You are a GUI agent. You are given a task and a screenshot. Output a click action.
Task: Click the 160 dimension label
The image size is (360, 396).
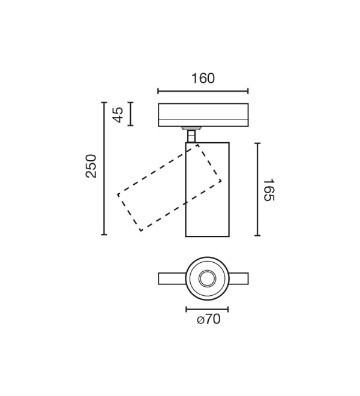[203, 78]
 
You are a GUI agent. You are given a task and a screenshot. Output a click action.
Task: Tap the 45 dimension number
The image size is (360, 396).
[118, 115]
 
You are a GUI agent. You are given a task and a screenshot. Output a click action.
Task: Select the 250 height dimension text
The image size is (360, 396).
[91, 166]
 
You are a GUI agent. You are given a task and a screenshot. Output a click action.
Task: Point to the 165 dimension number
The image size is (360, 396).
[269, 190]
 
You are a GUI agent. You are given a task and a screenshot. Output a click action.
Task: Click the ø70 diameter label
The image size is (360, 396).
[209, 319]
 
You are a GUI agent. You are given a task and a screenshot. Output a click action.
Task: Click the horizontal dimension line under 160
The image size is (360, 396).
[203, 91]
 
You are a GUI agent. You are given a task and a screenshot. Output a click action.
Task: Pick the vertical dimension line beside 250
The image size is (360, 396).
[104, 169]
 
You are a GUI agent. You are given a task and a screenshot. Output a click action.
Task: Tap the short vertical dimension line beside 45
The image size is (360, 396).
[130, 114]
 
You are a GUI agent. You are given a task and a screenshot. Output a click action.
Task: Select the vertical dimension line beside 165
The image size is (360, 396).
[257, 190]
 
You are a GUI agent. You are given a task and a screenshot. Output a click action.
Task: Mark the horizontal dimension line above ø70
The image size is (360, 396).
[207, 309]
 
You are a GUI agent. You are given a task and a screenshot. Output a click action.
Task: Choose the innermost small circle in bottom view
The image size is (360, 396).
[207, 278]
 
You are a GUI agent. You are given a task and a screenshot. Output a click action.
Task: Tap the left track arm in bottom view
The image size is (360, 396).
[172, 278]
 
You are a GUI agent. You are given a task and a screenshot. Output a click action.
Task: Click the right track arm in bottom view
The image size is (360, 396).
[239, 278]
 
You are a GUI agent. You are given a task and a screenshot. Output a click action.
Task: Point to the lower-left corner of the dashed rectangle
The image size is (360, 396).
[141, 230]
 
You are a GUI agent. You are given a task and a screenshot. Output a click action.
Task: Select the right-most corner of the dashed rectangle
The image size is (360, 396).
[221, 181]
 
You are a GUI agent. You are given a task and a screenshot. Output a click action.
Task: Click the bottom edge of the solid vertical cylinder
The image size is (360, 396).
[207, 236]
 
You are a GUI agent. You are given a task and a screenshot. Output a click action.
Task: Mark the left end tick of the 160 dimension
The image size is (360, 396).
[158, 91]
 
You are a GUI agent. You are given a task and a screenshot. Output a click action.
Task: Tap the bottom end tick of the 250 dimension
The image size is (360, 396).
[104, 235]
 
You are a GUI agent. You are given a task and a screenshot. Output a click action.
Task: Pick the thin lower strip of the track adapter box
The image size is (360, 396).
[203, 122]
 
